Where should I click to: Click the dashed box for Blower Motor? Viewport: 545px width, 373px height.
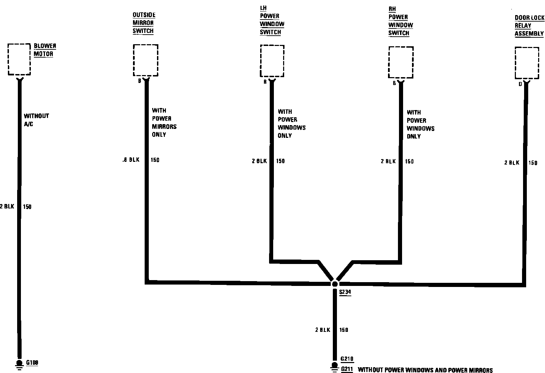coord(19,59)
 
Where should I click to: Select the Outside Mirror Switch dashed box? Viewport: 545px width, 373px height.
coord(145,60)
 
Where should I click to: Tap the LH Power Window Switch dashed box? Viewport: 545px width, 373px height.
coord(272,61)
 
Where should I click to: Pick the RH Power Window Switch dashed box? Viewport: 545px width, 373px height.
coord(400,62)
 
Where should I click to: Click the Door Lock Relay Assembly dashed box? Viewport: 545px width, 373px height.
coord(527,63)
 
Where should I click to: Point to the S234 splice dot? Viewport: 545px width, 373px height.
coord(335,284)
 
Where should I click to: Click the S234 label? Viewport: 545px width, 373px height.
coord(345,292)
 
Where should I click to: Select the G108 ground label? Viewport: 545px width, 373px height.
coord(32,362)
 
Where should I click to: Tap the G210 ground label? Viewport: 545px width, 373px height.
coord(347,359)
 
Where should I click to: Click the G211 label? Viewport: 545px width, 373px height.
coord(347,369)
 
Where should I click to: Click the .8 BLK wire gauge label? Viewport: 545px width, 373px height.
coord(131,160)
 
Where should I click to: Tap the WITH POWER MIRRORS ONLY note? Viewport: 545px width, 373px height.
coord(164,122)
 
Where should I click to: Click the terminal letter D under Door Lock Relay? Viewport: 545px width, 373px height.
coord(520,84)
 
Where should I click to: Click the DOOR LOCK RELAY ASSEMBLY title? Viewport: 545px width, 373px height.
coord(529,26)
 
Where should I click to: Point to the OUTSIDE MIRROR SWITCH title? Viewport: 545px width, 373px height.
coord(144,23)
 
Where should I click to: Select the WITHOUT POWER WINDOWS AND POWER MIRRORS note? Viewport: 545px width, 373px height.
coord(425,370)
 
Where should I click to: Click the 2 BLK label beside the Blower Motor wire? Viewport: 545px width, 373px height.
coord(7,206)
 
